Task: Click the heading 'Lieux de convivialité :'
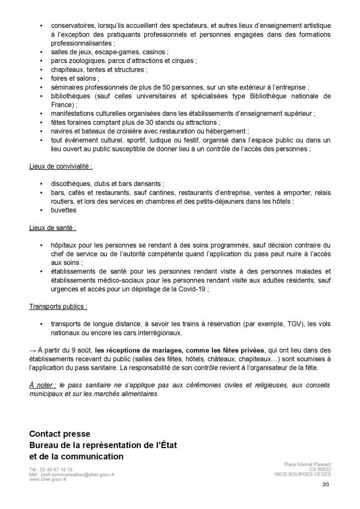(61, 166)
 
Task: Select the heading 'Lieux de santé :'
(53, 228)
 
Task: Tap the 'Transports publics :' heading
(58, 306)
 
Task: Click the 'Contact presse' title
(60, 434)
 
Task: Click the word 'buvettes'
(63, 210)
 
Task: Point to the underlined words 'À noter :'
(42, 385)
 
